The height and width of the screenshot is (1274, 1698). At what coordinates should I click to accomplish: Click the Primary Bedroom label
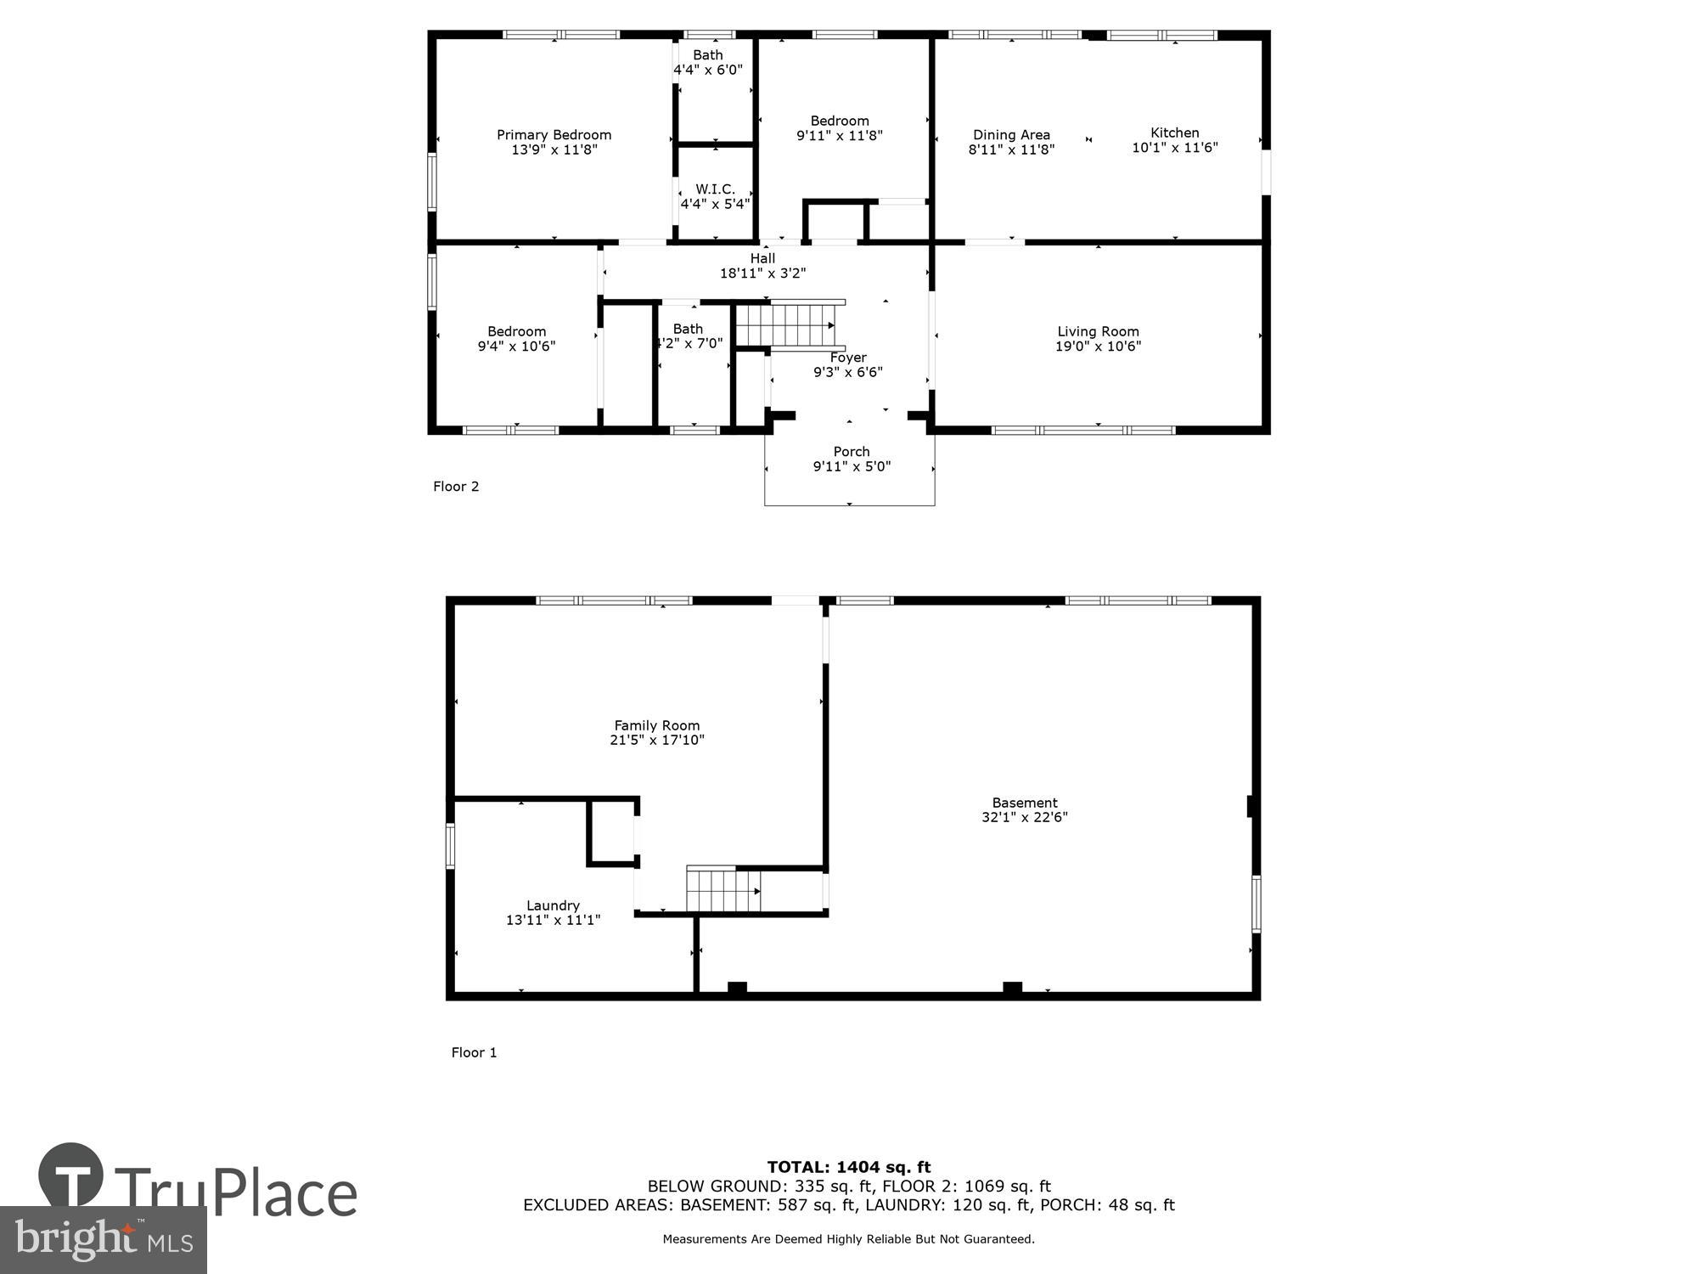coord(554,135)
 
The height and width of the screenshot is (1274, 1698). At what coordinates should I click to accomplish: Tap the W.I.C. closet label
coord(715,189)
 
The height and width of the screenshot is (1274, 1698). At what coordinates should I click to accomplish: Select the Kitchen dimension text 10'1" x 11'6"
coord(1174,148)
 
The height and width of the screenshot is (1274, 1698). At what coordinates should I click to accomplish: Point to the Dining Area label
coord(1011,135)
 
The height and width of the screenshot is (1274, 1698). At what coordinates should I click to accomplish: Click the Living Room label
coord(1098,332)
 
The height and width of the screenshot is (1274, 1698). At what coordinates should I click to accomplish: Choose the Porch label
coord(851,452)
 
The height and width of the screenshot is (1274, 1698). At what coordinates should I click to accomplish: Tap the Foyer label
coord(848,358)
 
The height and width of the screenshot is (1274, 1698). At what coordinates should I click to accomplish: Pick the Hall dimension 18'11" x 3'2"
coord(762,273)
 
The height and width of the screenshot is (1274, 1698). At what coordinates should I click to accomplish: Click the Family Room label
coord(657,725)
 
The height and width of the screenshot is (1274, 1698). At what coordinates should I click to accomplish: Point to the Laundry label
coord(553,905)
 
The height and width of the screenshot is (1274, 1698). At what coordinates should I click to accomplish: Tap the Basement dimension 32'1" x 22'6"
coord(1024,817)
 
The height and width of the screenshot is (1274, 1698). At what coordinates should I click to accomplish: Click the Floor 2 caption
coord(456,487)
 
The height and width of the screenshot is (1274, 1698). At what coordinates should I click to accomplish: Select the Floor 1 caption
coord(474,1052)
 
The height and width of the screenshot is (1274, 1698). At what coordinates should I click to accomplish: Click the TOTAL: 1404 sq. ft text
coord(849,1167)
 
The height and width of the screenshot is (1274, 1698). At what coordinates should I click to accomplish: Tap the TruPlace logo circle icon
coord(71,1175)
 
